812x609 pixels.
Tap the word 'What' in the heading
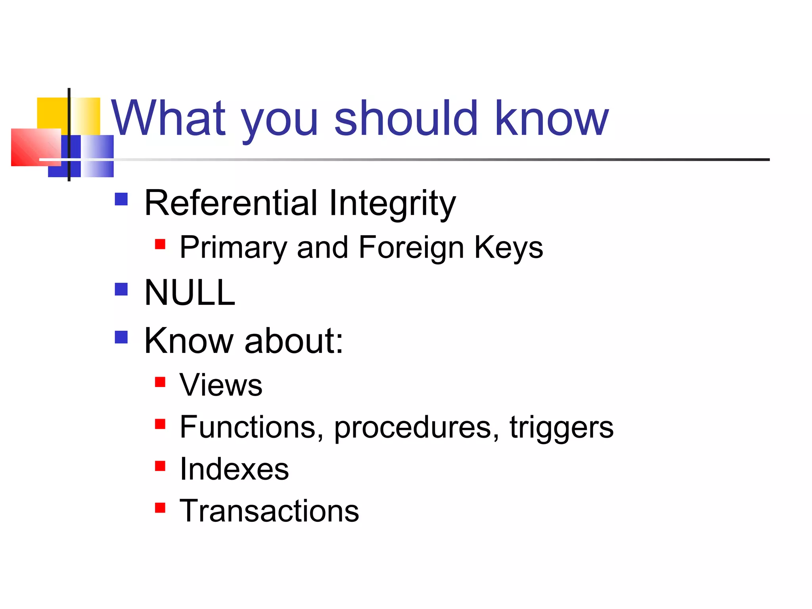[x=169, y=118]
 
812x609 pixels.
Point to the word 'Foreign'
[x=411, y=247]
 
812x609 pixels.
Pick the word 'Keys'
[x=508, y=247]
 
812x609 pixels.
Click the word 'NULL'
[x=190, y=293]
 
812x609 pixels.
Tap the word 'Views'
[x=221, y=385]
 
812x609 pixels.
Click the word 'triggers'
[x=561, y=427]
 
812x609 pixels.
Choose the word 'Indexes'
[x=234, y=469]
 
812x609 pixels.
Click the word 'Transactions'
[x=269, y=511]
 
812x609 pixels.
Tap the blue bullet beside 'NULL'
[x=121, y=289]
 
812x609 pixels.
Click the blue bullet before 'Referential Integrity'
[x=121, y=199]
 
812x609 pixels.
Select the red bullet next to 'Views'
[x=160, y=382]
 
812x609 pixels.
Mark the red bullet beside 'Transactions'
[x=160, y=507]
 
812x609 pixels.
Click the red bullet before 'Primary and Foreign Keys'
[x=160, y=244]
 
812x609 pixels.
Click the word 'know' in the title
[x=551, y=118]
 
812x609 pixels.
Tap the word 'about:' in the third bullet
[x=294, y=341]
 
